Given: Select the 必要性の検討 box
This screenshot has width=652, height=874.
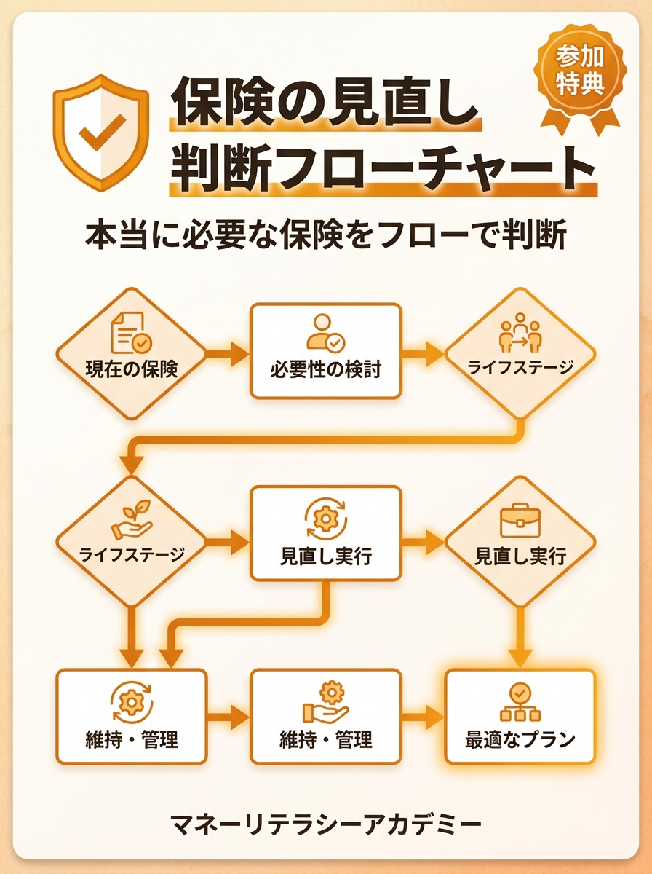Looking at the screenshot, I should (325, 351).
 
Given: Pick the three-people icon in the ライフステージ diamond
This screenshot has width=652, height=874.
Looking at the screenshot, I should (520, 332).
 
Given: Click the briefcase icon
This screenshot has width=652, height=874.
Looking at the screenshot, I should (520, 520).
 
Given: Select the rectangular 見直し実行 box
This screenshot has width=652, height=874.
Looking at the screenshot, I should (325, 534).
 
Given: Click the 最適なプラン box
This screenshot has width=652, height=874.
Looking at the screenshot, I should (520, 717).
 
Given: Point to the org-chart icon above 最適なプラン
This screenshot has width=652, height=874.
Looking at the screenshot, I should (520, 701).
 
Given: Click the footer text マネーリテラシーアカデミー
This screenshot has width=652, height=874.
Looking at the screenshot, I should (325, 824).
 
